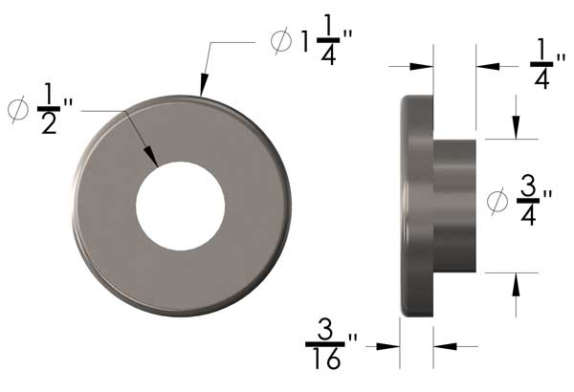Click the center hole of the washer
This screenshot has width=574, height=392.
(180, 207)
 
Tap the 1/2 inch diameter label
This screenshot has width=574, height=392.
(43, 110)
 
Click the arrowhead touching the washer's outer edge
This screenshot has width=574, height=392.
(202, 88)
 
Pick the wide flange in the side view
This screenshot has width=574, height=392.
(417, 206)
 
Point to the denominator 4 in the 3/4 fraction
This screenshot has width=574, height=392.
(527, 217)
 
